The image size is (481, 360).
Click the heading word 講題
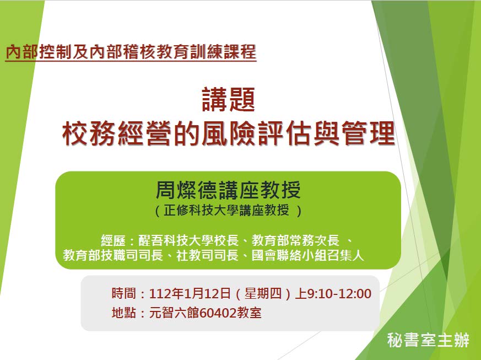pos(229,99)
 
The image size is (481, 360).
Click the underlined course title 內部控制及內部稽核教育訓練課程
pos(131,52)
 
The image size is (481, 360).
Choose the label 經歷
pos(113,240)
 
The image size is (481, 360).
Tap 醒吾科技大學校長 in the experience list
pos(188,240)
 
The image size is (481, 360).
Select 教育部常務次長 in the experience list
pos(295,240)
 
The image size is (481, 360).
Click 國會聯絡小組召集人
pos(307,255)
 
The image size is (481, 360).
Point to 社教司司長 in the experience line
pos(207,255)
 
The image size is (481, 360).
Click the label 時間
pos(123,293)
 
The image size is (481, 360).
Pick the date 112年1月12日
pos(190,294)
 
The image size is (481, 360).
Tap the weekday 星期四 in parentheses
pos(263,294)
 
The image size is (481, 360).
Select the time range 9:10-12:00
pos(339,294)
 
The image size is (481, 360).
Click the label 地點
pos(123,313)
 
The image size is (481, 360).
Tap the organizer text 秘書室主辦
pos(428,340)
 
